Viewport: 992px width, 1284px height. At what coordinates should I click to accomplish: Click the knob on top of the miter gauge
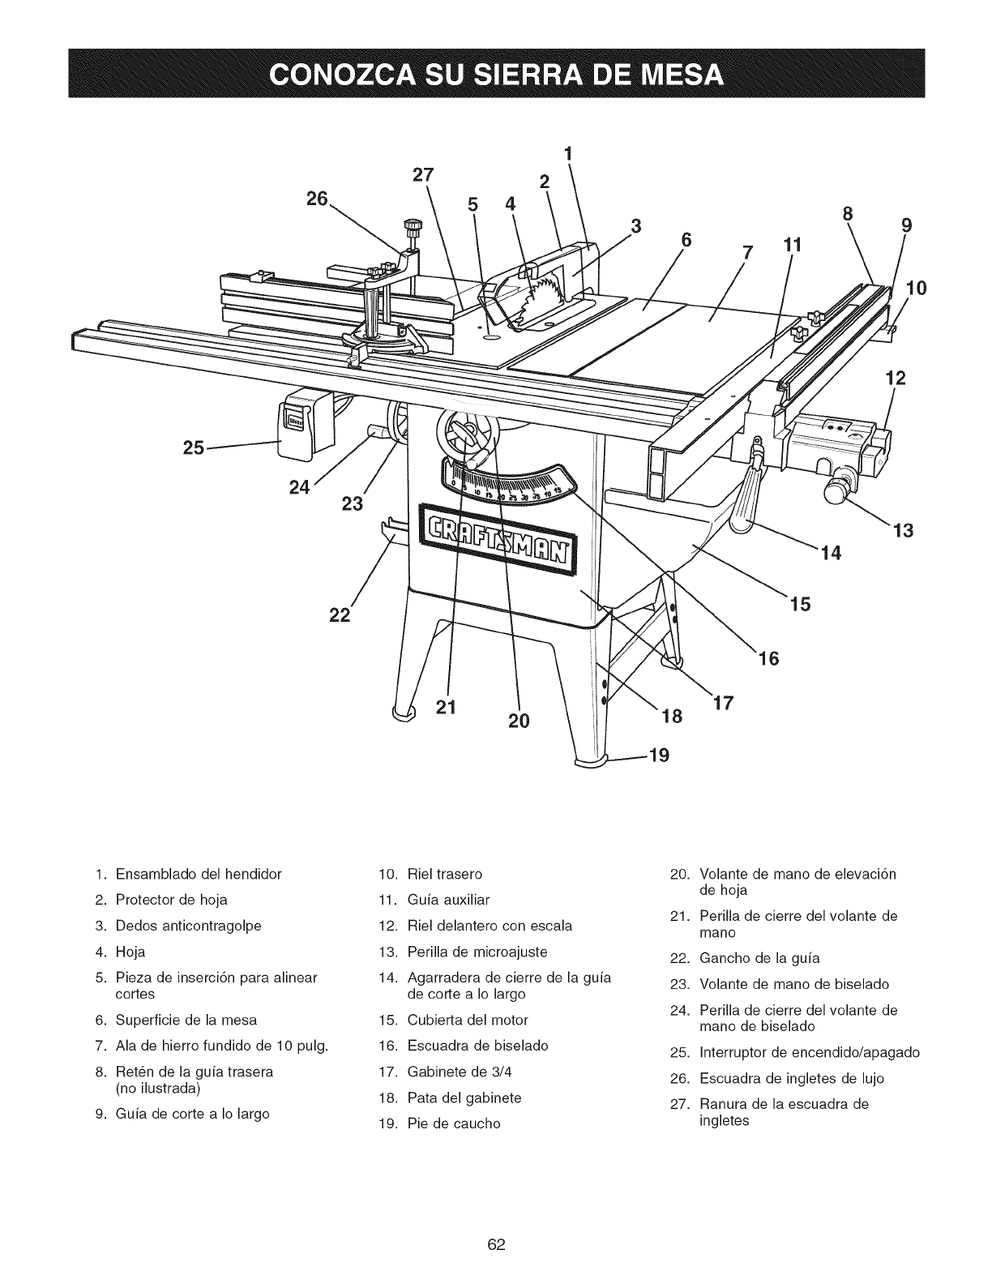coord(414,225)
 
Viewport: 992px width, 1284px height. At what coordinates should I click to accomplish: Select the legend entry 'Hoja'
coord(130,951)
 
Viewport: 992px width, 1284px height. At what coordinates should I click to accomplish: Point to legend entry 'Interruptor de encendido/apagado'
coord(809,1053)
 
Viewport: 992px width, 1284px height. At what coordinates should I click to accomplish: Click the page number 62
coord(496,1222)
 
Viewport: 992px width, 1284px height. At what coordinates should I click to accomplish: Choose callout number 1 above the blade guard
coord(568,152)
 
